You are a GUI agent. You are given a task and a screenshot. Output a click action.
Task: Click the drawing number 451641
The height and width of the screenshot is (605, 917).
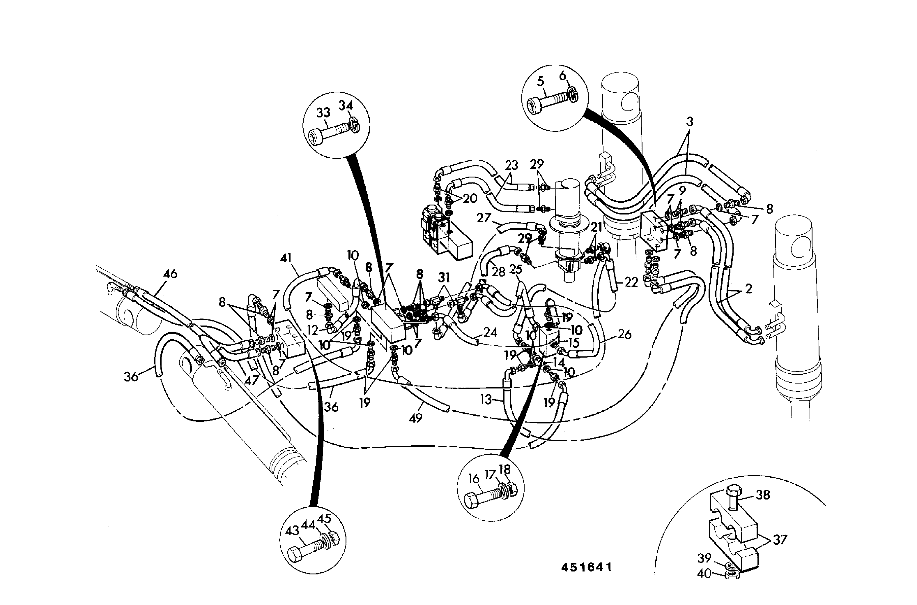[x=586, y=567]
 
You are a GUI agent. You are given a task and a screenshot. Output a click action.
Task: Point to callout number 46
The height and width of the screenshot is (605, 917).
[x=170, y=274]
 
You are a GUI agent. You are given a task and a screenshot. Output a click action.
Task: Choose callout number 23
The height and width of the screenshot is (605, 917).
[x=511, y=165]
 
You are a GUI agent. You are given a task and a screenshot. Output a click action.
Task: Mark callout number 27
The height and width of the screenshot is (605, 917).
[x=484, y=218]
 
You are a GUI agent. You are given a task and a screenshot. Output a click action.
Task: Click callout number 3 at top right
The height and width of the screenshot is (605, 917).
[x=690, y=122]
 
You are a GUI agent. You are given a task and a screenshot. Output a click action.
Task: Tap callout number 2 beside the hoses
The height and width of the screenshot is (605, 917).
[x=748, y=288]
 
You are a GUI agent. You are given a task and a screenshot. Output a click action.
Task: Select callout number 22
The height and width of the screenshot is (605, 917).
[x=631, y=282]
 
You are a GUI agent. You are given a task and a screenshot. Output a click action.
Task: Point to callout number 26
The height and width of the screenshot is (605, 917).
[x=624, y=334]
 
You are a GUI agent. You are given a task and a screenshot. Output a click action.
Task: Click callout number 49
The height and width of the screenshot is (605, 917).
[x=415, y=418]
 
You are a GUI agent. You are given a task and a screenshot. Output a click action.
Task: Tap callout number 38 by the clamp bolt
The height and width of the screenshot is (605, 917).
[x=762, y=495]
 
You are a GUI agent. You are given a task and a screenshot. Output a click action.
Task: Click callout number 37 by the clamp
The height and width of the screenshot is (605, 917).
[x=780, y=539]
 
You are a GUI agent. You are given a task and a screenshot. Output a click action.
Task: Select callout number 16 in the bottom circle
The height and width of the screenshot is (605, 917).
[x=473, y=479]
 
